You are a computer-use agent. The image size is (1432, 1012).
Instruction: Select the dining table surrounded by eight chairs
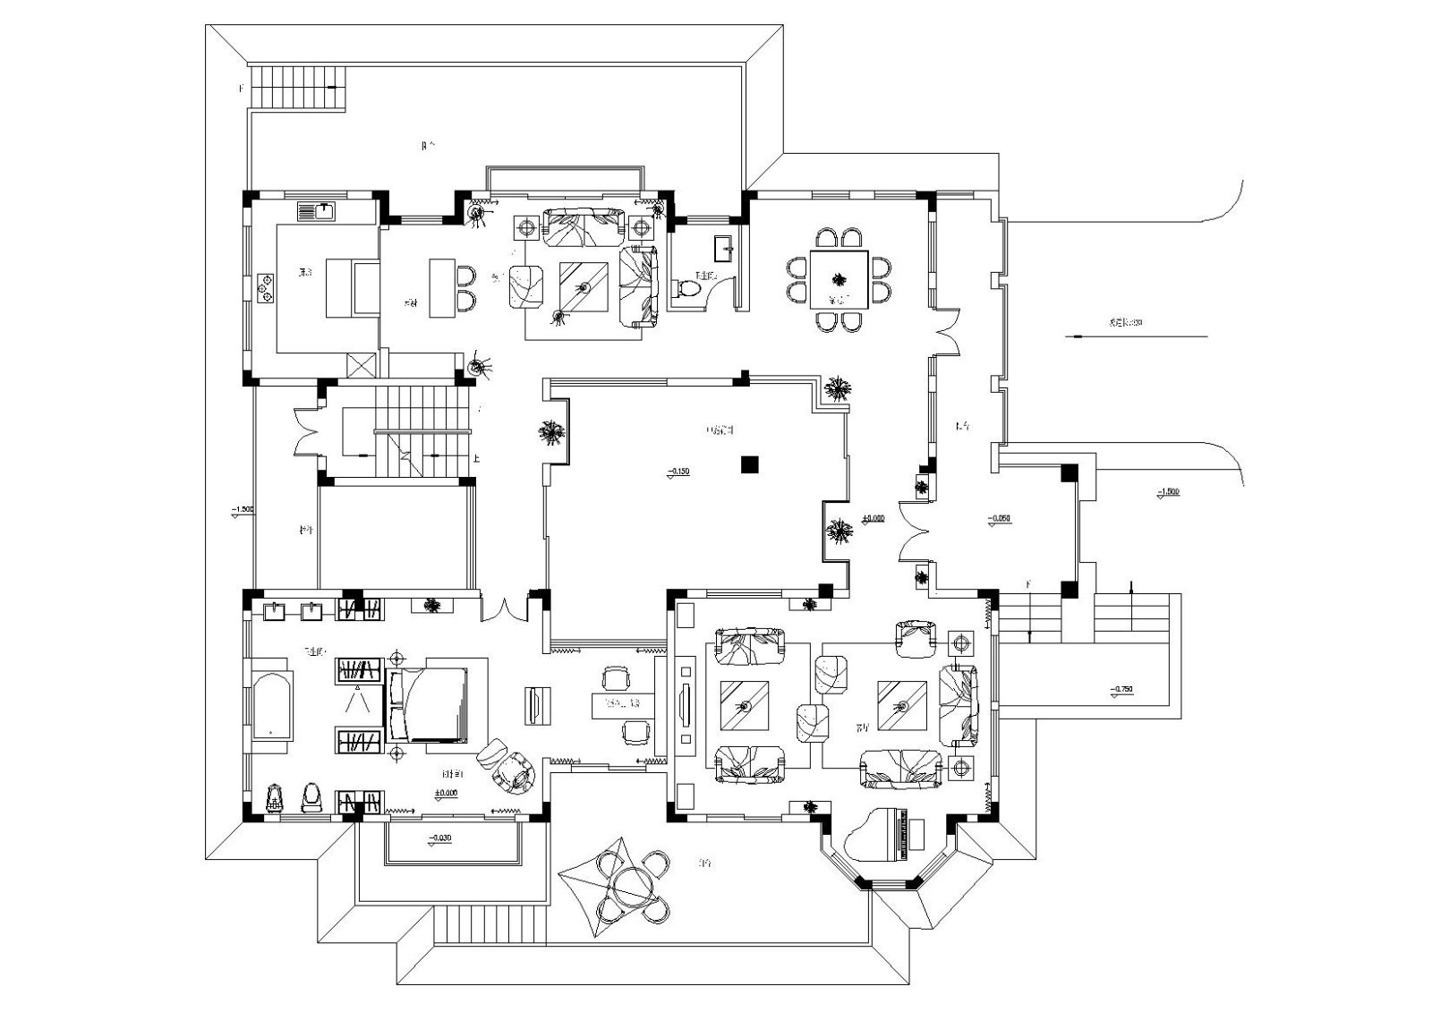point(839,279)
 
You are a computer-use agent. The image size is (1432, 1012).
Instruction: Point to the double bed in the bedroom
point(428,704)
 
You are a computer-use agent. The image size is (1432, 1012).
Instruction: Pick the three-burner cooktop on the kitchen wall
point(266,287)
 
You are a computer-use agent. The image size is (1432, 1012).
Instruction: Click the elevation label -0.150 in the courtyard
point(678,472)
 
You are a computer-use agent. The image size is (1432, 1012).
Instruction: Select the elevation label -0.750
point(1121,690)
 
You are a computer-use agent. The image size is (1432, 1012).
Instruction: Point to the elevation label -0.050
point(999,519)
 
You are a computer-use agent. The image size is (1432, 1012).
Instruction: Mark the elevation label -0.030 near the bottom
point(439,838)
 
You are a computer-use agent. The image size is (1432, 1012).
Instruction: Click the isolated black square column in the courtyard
point(749,463)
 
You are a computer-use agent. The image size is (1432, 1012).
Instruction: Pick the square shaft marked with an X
point(361,366)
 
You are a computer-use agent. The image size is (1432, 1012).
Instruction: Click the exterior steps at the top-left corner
point(296,87)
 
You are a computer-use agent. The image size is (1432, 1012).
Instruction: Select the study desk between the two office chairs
point(623,704)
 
